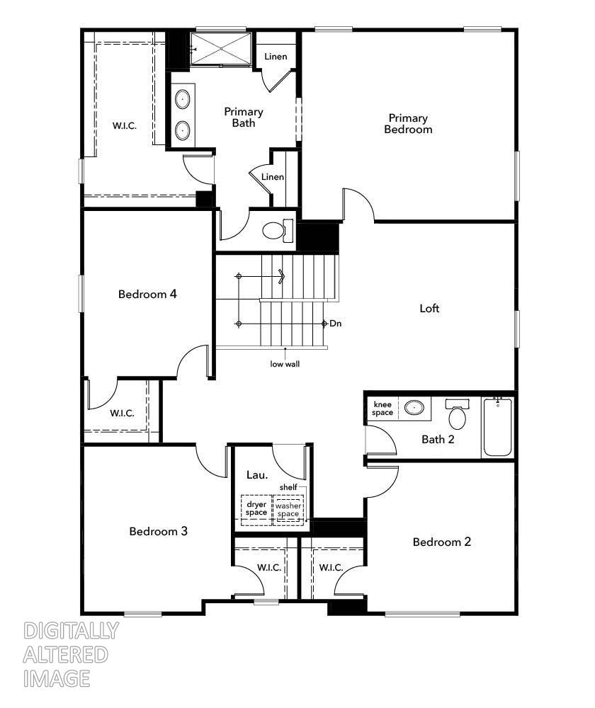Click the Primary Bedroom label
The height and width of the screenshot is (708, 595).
coord(407,124)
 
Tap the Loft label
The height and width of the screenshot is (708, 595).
coord(429,309)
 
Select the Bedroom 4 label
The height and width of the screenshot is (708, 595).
coord(147,295)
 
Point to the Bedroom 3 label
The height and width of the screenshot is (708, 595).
coord(158,531)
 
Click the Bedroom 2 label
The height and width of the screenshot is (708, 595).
coord(442,542)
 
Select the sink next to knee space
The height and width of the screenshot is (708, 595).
coord(414,408)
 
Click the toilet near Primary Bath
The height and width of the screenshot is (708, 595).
coord(276,230)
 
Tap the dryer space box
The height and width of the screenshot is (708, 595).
coord(256,508)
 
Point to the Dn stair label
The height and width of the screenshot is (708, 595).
coord(336,324)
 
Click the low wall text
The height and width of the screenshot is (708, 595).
coord(285,365)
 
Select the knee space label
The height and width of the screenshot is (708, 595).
coord(382,409)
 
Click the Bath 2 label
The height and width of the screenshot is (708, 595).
coord(438,440)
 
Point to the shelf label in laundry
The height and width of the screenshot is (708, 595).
coord(288,487)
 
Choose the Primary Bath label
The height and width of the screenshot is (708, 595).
coord(244,118)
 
